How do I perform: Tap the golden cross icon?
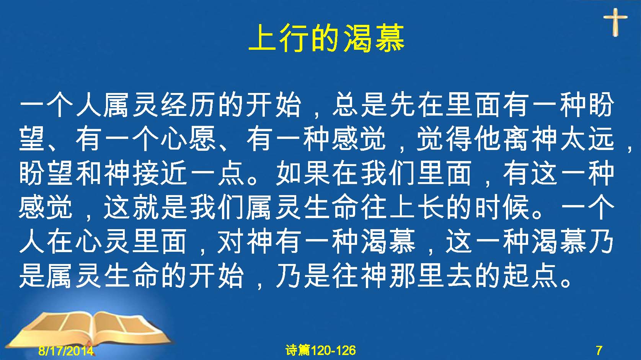(x=615, y=22)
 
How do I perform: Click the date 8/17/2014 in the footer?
(x=66, y=350)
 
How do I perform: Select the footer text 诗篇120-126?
(x=321, y=350)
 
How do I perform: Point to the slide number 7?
(x=599, y=350)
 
